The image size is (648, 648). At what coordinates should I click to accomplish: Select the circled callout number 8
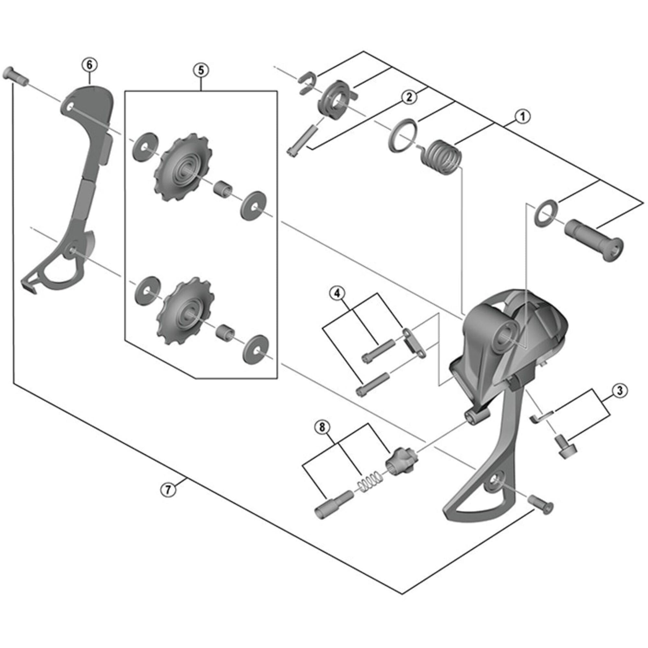click(322, 428)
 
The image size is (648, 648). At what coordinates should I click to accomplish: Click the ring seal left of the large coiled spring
click(403, 136)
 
